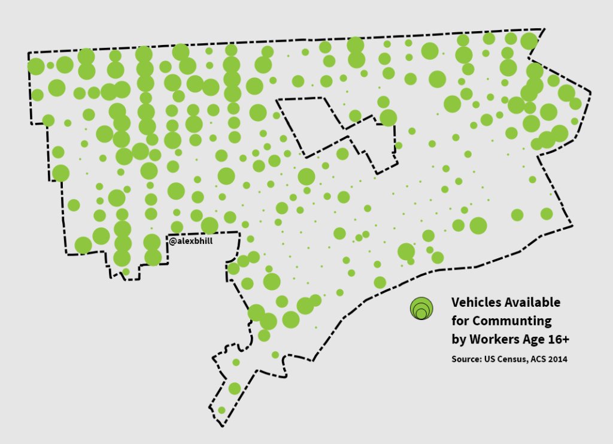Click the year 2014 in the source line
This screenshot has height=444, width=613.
[x=556, y=360]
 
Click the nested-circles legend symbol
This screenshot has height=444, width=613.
[x=421, y=308]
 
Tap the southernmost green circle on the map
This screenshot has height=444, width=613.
[x=221, y=410]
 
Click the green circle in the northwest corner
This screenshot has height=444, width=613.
[x=36, y=66]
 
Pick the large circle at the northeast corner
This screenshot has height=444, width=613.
[x=529, y=41]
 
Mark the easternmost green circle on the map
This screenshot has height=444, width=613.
[x=575, y=104]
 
